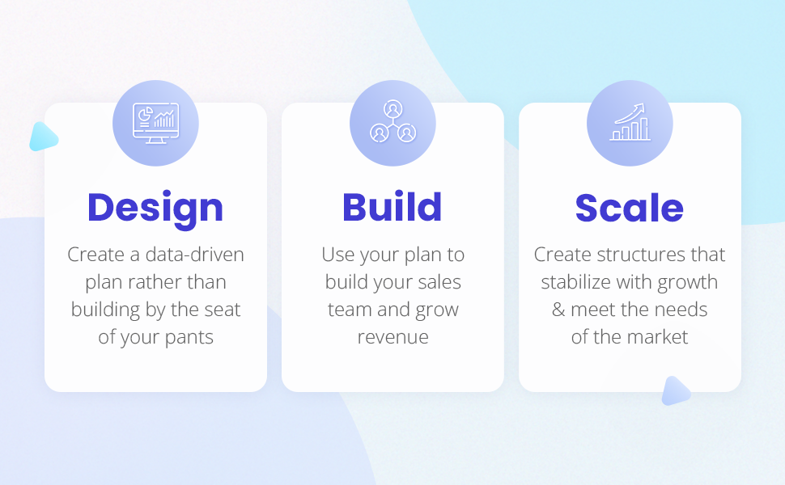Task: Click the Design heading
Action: tap(155, 208)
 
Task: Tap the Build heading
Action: tap(392, 208)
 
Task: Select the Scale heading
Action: tap(630, 208)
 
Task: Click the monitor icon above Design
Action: tap(155, 123)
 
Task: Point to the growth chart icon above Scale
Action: tap(630, 123)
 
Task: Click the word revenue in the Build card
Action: tap(392, 337)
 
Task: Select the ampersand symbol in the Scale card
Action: tap(558, 310)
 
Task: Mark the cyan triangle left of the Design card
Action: tap(42, 137)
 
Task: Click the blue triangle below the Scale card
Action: tap(675, 391)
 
